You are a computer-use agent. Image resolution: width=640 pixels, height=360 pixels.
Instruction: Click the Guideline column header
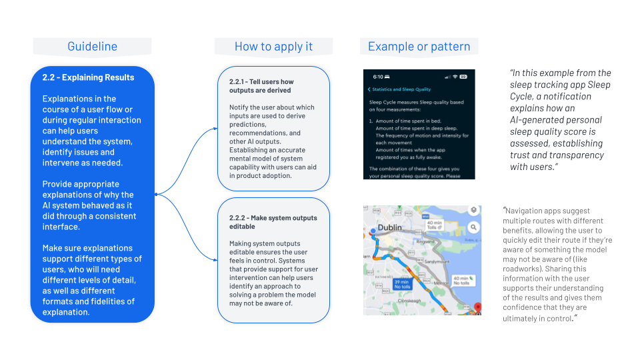click(92, 47)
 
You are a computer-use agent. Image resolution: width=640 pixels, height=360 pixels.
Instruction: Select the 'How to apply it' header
click(273, 47)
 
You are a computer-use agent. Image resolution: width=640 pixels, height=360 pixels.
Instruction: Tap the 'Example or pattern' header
click(419, 47)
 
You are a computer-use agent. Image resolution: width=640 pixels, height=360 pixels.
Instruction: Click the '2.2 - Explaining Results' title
click(88, 77)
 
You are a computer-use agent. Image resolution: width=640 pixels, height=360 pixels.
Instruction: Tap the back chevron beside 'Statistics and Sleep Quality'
click(369, 89)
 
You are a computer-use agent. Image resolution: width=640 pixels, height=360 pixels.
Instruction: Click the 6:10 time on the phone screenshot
click(377, 77)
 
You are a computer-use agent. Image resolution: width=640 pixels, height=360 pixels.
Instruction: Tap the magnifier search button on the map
click(473, 227)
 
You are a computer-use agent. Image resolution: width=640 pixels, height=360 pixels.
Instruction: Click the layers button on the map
click(473, 210)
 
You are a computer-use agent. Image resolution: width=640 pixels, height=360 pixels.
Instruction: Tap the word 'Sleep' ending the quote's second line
click(598, 85)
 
